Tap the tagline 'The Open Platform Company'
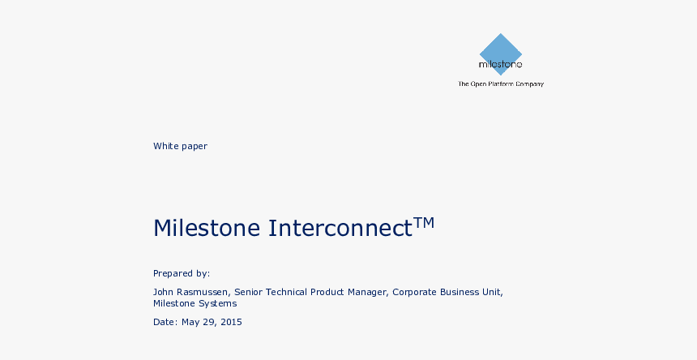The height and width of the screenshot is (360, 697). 501,84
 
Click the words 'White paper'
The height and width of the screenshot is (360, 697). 180,146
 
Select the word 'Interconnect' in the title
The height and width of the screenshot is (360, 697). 340,228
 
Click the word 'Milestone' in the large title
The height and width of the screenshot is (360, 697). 207,228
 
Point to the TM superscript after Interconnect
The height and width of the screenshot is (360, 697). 424,222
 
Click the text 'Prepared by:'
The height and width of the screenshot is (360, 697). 182,273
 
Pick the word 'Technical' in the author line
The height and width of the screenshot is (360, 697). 286,292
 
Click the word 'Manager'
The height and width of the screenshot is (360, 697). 367,293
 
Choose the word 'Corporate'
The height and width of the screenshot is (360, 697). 414,293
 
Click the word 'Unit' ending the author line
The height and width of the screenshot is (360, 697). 491,292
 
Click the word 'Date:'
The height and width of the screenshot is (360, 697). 165,322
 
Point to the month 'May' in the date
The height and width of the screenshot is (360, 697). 190,322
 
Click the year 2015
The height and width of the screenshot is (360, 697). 231,322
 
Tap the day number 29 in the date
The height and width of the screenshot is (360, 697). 209,322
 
